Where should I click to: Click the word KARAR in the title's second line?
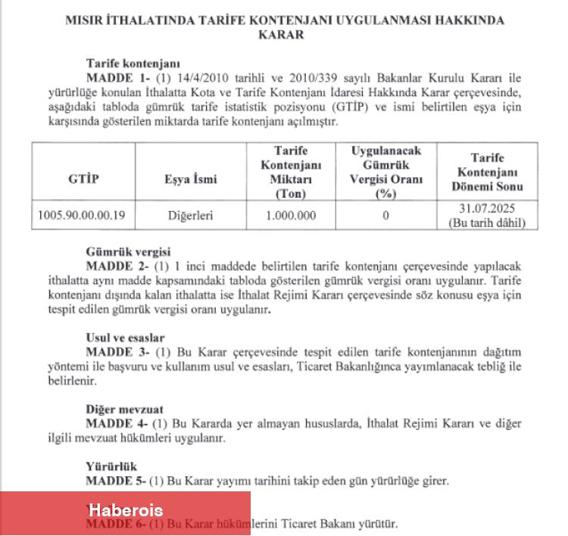tap(285, 35)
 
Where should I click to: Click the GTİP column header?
tap(83, 179)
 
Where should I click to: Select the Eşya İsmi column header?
tap(190, 179)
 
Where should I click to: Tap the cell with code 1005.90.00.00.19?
tap(83, 215)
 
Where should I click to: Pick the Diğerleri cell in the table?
tap(190, 215)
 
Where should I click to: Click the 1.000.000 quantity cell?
tap(291, 215)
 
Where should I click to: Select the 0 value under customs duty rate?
tap(385, 215)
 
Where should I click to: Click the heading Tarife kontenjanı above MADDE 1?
tap(133, 64)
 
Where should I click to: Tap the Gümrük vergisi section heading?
tap(128, 252)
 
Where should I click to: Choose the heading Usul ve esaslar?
tap(125, 338)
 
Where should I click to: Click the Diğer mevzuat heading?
tap(124, 410)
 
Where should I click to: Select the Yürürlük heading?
tap(111, 466)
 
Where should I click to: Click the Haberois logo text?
tap(125, 510)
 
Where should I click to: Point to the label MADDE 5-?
tap(114, 481)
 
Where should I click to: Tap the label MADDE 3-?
tap(114, 352)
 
